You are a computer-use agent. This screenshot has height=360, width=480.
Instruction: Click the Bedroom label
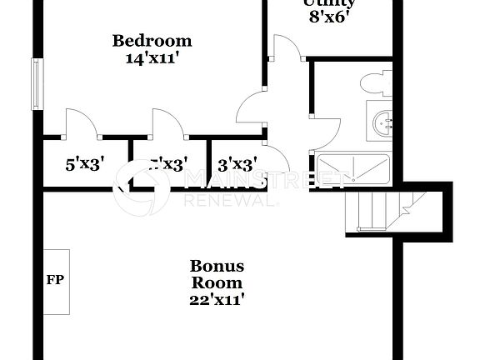[152, 40]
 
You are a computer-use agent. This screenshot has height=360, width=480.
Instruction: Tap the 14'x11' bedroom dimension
[152, 58]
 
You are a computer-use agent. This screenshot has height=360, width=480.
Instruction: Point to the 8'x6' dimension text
[327, 16]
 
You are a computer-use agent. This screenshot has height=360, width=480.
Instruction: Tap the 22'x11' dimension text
[217, 299]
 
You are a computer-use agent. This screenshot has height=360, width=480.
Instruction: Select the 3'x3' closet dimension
[237, 164]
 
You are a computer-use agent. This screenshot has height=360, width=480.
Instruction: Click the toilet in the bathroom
[374, 83]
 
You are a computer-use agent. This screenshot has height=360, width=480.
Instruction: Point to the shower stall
[351, 169]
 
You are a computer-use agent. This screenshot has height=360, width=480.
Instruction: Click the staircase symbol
[387, 211]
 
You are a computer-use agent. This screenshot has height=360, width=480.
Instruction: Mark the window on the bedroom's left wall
[36, 83]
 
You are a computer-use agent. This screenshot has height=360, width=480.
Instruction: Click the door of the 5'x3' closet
[80, 122]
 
